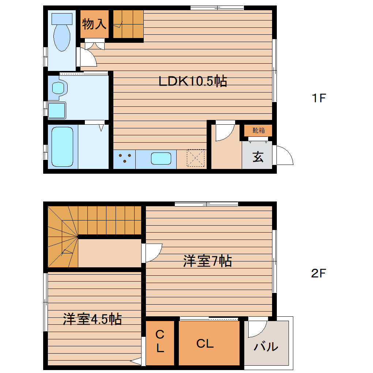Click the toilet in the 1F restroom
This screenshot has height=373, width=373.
[61, 33]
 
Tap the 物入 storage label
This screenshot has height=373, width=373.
[94, 24]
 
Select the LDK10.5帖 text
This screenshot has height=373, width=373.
[193, 81]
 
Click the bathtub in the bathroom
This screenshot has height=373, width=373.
[63, 146]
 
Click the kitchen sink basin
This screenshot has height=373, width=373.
[161, 159]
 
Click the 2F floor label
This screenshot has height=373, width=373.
[318, 273]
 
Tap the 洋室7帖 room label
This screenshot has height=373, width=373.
[207, 261]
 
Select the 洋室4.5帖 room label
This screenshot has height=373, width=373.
[92, 319]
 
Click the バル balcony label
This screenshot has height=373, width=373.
[266, 346]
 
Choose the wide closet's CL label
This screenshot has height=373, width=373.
[205, 344]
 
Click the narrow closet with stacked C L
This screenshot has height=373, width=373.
[160, 342]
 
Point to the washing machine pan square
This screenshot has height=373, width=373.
[57, 110]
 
